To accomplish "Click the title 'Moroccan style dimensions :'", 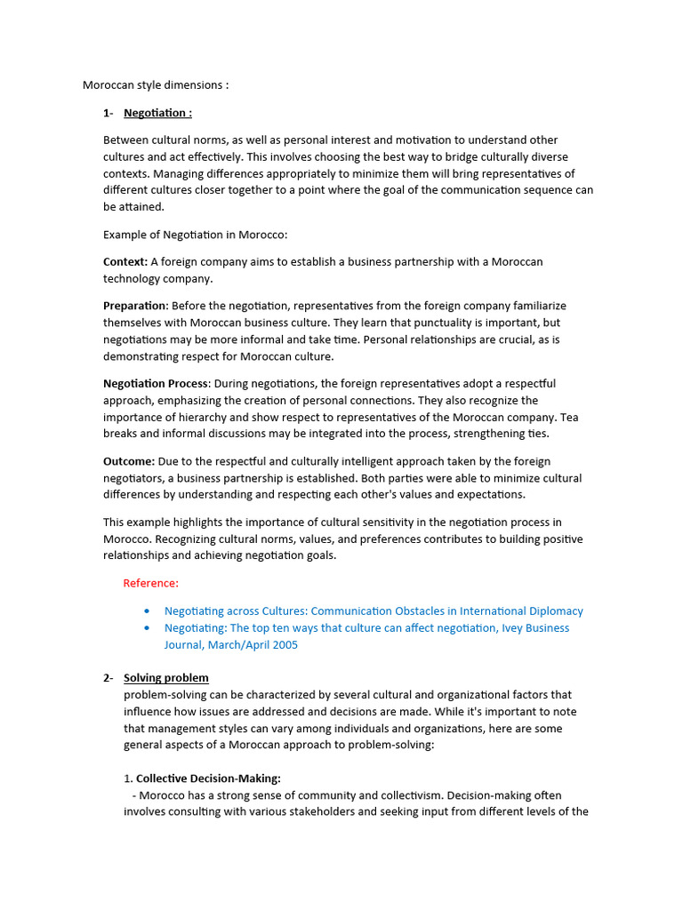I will pos(156,85).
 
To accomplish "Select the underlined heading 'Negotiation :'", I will pos(157,113).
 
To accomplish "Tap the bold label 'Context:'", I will pos(125,261).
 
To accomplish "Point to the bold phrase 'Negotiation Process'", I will pos(156,383).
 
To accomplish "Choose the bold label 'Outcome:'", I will pos(129,461).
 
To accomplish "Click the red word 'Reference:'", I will pos(150,583).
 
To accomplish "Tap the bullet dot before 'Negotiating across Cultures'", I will pos(147,611).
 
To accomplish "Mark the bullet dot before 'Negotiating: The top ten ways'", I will pos(147,628).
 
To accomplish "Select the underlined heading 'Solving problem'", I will pos(166,678).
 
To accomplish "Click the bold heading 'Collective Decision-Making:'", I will pos(208,778).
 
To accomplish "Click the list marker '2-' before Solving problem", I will pos(108,678).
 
